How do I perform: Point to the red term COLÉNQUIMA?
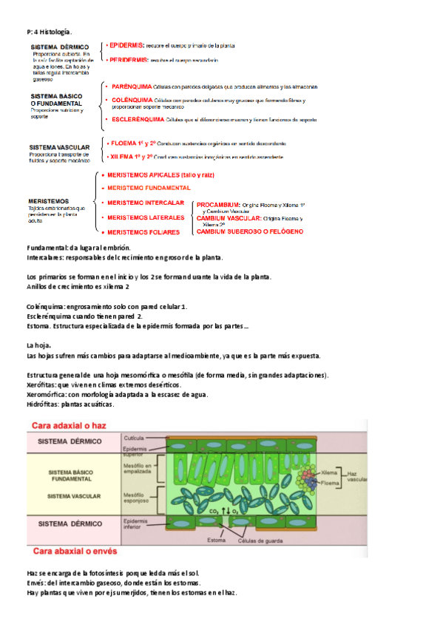pyautogui.click(x=131, y=100)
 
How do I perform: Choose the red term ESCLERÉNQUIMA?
pyautogui.click(x=136, y=118)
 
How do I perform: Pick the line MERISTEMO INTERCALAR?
pyautogui.click(x=146, y=203)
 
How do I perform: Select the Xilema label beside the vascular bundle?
pyautogui.click(x=330, y=472)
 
